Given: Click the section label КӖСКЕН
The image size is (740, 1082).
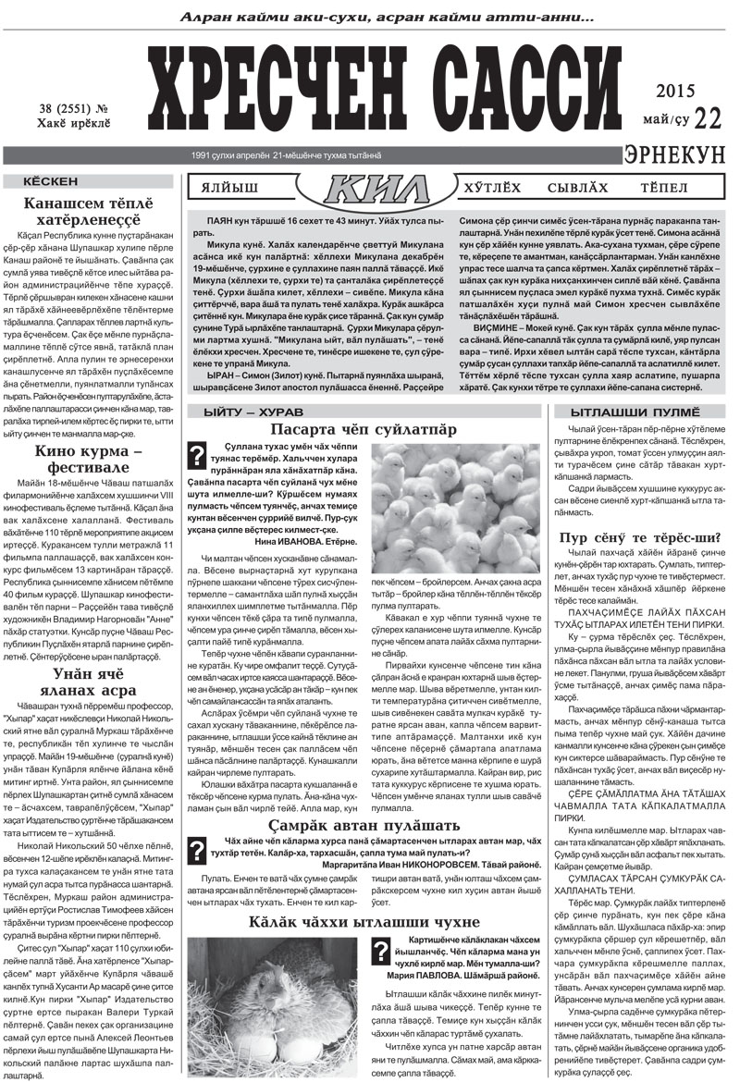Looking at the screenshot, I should click(51, 181).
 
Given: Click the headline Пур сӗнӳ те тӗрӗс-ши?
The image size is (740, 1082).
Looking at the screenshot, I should click(641, 538).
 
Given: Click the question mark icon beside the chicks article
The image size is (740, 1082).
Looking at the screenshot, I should click(195, 454).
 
